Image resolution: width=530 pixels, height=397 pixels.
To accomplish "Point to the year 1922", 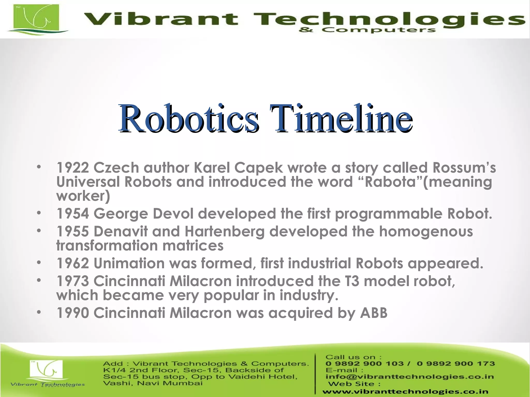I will [72, 168].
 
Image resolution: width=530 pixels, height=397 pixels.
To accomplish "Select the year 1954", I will [72, 214].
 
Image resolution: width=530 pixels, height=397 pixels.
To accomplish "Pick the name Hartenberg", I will [224, 231].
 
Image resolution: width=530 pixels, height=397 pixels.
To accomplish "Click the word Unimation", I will [129, 263].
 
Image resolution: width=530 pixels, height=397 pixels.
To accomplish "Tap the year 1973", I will [72, 281].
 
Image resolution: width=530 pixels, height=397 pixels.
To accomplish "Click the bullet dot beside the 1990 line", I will [39, 312].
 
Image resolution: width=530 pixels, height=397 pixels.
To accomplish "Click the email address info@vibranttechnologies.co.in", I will [410, 377].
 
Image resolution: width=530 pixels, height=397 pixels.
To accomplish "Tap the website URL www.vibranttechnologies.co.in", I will [405, 392].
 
